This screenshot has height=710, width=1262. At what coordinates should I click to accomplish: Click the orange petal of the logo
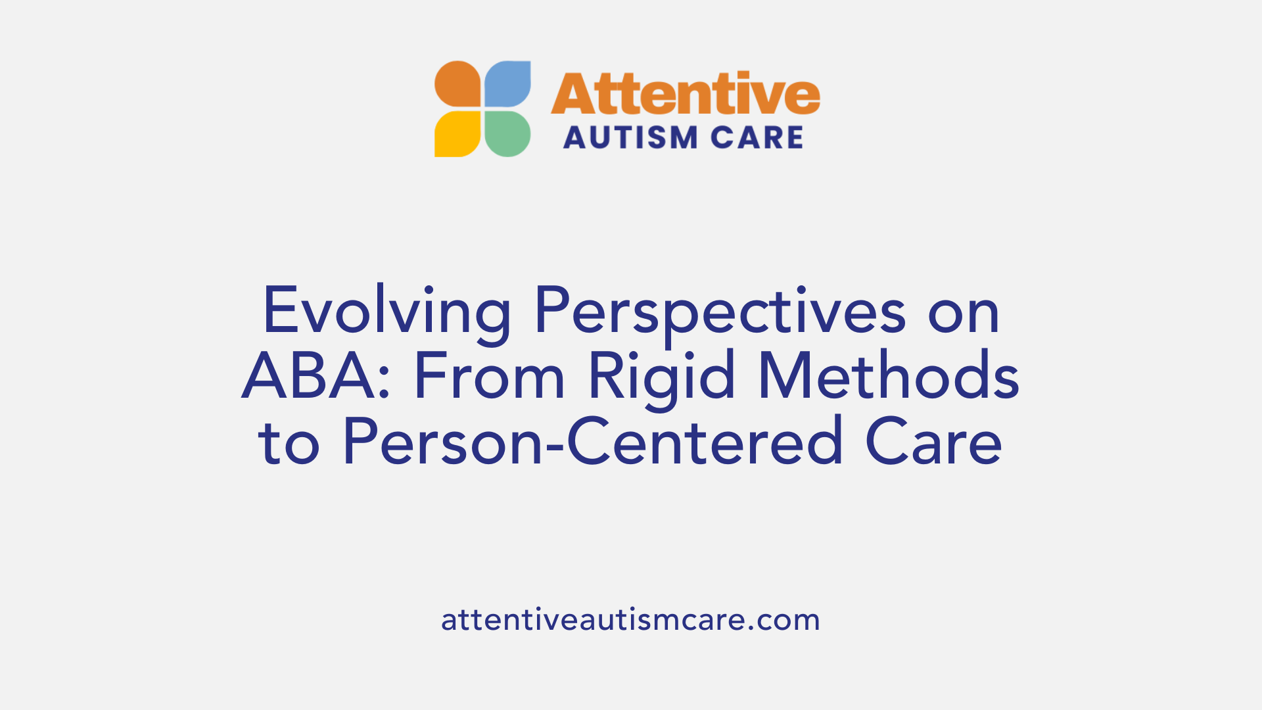[x=458, y=84]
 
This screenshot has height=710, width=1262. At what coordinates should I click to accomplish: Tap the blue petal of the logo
[x=507, y=84]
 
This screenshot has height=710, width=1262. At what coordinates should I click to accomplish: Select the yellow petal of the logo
[x=458, y=133]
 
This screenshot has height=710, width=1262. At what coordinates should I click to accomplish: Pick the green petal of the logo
[x=507, y=133]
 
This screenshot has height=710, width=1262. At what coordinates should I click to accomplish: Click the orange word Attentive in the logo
[x=685, y=93]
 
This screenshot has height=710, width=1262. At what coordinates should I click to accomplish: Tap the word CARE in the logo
[x=757, y=138]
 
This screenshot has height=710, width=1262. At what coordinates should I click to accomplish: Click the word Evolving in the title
[x=386, y=312]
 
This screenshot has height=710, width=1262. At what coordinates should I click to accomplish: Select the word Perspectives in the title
[x=720, y=312]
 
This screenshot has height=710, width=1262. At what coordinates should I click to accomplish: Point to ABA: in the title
[x=317, y=376]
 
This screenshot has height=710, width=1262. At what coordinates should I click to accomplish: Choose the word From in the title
[x=489, y=376]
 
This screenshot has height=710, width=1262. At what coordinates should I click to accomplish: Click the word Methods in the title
[x=889, y=376]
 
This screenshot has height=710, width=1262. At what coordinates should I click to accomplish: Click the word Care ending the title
[x=933, y=442]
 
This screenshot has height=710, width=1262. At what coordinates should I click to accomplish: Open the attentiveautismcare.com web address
[x=630, y=620]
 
